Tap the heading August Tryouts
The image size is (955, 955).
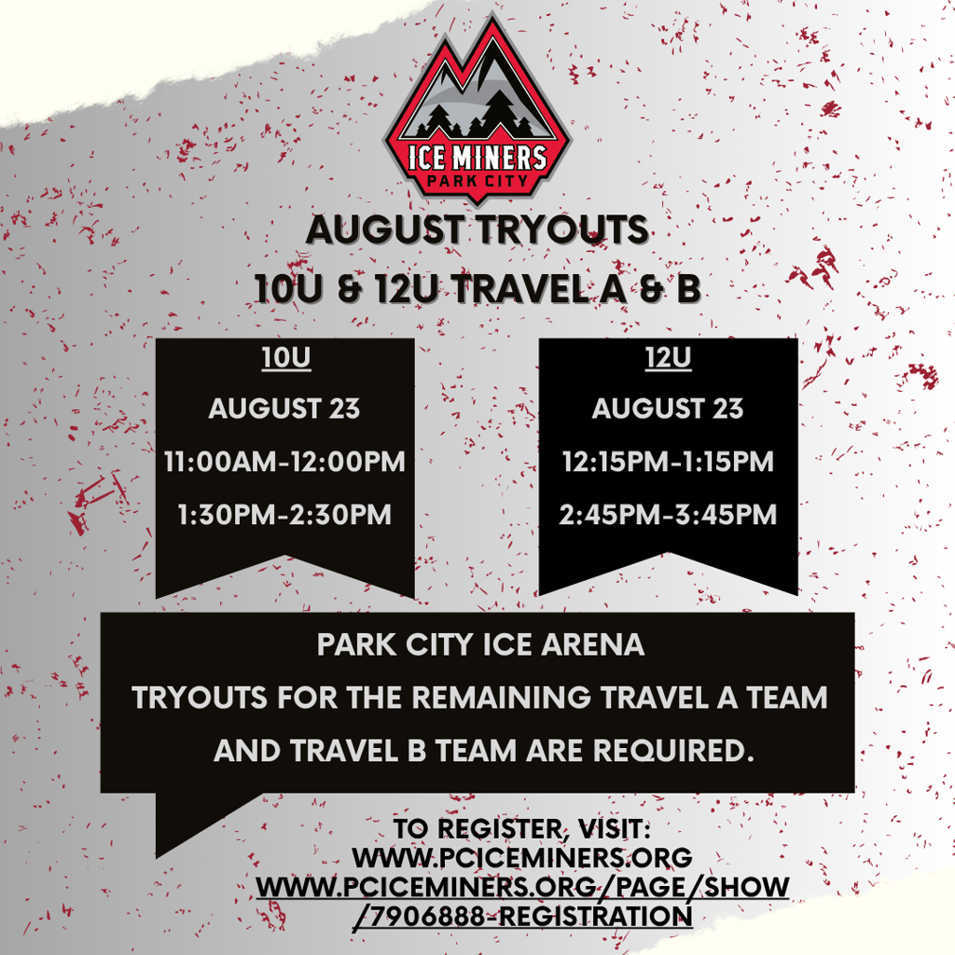point(477,230)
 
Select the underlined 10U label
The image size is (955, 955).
point(285,358)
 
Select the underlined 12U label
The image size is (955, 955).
point(668,358)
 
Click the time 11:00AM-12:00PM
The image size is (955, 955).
point(284,462)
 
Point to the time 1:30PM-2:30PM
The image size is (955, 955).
point(284,515)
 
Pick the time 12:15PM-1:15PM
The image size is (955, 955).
point(668,462)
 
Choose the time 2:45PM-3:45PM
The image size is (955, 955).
point(668,515)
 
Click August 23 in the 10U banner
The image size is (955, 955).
point(284,408)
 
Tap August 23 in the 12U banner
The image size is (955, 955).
point(668,408)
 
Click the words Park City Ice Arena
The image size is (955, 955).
point(480,645)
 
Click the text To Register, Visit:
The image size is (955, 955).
point(522,829)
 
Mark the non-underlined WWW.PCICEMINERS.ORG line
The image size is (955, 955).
point(522,858)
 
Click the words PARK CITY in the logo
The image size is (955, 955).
point(477,181)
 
